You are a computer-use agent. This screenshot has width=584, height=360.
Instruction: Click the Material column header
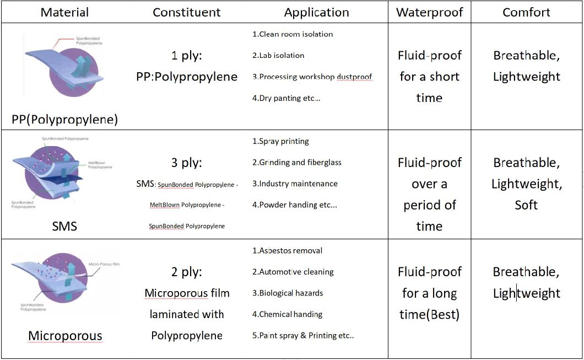(64, 12)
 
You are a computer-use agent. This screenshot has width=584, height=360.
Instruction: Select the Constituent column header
(187, 12)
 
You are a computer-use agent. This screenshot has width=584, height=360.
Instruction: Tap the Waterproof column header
(429, 12)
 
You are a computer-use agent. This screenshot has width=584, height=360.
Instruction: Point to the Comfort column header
(526, 12)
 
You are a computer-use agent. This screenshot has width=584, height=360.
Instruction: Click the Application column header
(316, 12)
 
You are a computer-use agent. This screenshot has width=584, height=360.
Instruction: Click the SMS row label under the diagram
(64, 226)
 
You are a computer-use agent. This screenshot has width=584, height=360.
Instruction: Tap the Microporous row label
(65, 336)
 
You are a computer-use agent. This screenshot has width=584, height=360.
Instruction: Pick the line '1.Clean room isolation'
(293, 34)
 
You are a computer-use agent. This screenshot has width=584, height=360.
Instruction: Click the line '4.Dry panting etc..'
(286, 98)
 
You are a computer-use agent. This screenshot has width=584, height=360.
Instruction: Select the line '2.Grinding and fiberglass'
(297, 163)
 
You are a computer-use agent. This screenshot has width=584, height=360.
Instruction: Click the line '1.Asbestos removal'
(287, 251)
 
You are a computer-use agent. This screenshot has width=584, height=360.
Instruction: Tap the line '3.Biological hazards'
(288, 293)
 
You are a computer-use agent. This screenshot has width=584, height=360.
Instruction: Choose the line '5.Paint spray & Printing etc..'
(303, 336)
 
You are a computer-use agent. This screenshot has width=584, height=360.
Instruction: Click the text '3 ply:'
(187, 163)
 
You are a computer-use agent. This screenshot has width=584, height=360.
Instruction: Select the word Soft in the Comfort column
(526, 205)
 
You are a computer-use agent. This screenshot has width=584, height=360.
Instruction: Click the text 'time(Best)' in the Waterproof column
(429, 314)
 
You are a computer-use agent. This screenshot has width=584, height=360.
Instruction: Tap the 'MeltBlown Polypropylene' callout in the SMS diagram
(101, 164)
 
